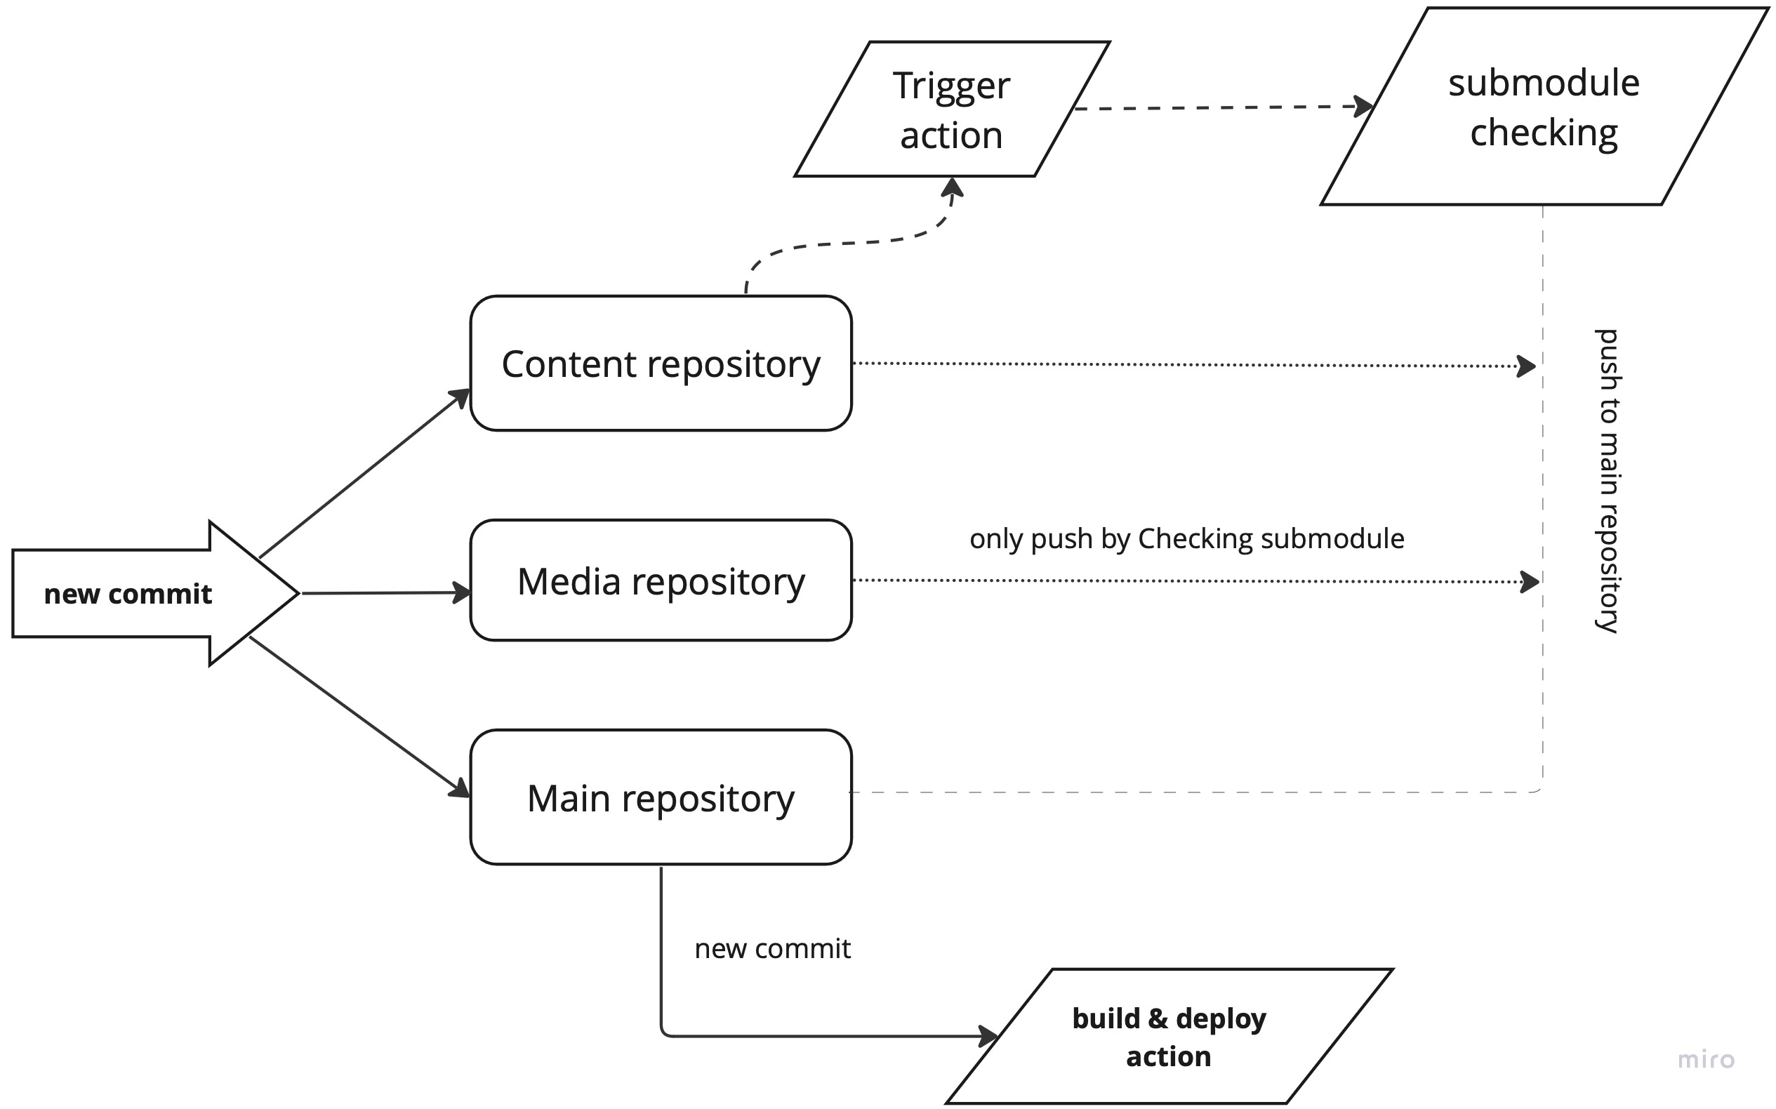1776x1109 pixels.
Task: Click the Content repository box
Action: (661, 364)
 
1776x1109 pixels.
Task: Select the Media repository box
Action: (661, 581)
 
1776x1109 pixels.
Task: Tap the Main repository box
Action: (661, 798)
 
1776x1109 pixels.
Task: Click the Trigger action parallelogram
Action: (951, 109)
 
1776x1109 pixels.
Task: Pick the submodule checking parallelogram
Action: (1544, 107)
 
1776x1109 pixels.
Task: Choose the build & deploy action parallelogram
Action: (1169, 1037)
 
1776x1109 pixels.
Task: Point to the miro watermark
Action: (1706, 1060)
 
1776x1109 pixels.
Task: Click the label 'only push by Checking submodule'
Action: (1186, 539)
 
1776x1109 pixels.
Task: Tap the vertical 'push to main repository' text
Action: (1608, 480)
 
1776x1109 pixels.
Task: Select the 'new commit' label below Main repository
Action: (772, 949)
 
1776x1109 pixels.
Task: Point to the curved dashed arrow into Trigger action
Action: (844, 243)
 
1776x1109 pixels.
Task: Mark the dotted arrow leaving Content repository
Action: (1188, 364)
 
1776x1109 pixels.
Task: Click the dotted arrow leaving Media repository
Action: (1188, 581)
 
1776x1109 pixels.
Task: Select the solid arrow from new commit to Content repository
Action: (363, 474)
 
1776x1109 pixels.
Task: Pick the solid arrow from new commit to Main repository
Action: (359, 716)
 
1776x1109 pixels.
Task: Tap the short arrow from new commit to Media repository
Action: (385, 592)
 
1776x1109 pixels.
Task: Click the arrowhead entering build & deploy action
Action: (988, 1037)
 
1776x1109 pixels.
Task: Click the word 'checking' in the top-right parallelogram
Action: (1544, 133)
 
